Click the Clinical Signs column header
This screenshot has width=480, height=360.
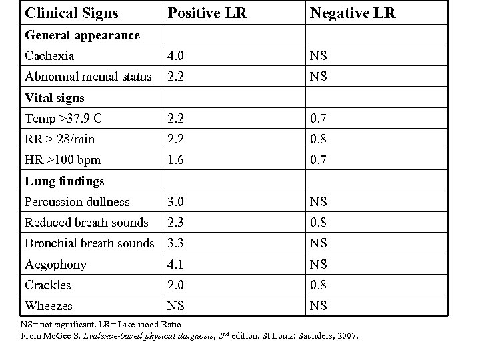[x=71, y=13]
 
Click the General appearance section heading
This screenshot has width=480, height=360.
[x=82, y=35]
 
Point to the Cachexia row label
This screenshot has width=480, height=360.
[x=49, y=56]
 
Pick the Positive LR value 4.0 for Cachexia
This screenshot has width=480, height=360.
[x=176, y=56]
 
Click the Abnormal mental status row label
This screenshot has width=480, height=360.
[x=88, y=77]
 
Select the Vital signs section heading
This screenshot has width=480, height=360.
[x=55, y=98]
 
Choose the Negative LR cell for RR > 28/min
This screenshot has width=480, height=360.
[x=317, y=139]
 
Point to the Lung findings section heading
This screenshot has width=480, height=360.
[x=64, y=181]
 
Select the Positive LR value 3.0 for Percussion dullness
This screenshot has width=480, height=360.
[x=176, y=201]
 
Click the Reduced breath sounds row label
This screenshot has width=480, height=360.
[x=86, y=223]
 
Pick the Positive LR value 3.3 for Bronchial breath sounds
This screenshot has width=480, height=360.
[x=176, y=243]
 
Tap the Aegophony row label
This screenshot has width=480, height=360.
[x=55, y=265]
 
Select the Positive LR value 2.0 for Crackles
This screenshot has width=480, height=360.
[x=176, y=285]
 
